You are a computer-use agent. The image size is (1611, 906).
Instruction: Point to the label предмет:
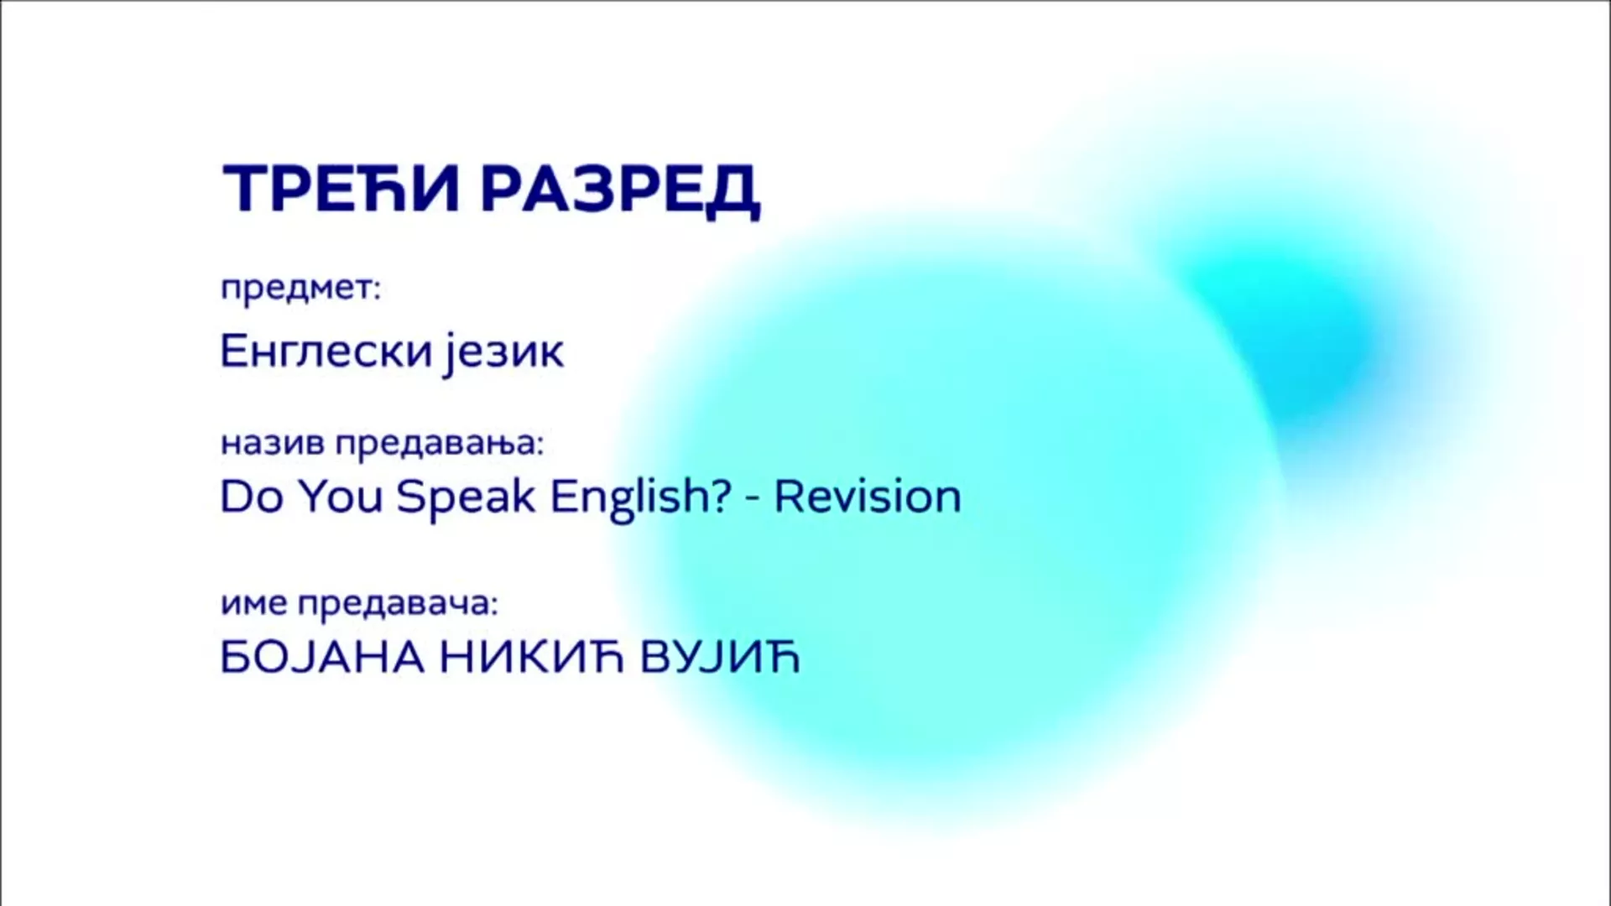[x=300, y=289]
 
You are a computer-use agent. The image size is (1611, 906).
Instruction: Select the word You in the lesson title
[x=341, y=497]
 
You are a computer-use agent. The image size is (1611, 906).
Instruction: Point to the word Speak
[x=466, y=497]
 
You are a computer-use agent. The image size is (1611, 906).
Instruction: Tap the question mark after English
[x=722, y=497]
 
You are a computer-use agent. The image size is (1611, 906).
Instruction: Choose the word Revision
[x=868, y=497]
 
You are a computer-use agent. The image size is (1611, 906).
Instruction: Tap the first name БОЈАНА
[x=322, y=658]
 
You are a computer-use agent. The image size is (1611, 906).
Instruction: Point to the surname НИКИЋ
[x=533, y=658]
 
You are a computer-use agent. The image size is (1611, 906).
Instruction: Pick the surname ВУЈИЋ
[x=721, y=658]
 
